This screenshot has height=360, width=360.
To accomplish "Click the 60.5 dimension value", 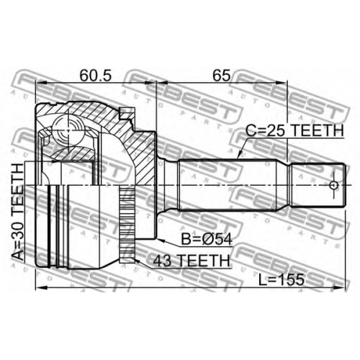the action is click(96, 76).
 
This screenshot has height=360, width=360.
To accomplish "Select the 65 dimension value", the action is click(221, 76).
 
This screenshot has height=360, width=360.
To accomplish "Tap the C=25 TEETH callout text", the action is click(294, 131).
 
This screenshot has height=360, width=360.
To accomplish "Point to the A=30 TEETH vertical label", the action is click(18, 212).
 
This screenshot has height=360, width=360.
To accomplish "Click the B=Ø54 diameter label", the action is click(207, 239).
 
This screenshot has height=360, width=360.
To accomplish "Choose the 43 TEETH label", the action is click(192, 261).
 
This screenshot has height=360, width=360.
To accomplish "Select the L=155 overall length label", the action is click(282, 280).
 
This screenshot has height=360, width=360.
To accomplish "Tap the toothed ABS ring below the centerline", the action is click(127, 225).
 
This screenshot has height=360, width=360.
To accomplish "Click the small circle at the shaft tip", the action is click(333, 185).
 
